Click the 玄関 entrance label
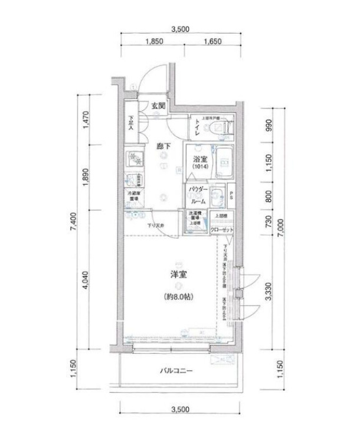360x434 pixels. tap(158, 106)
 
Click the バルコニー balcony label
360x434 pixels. tap(178, 371)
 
